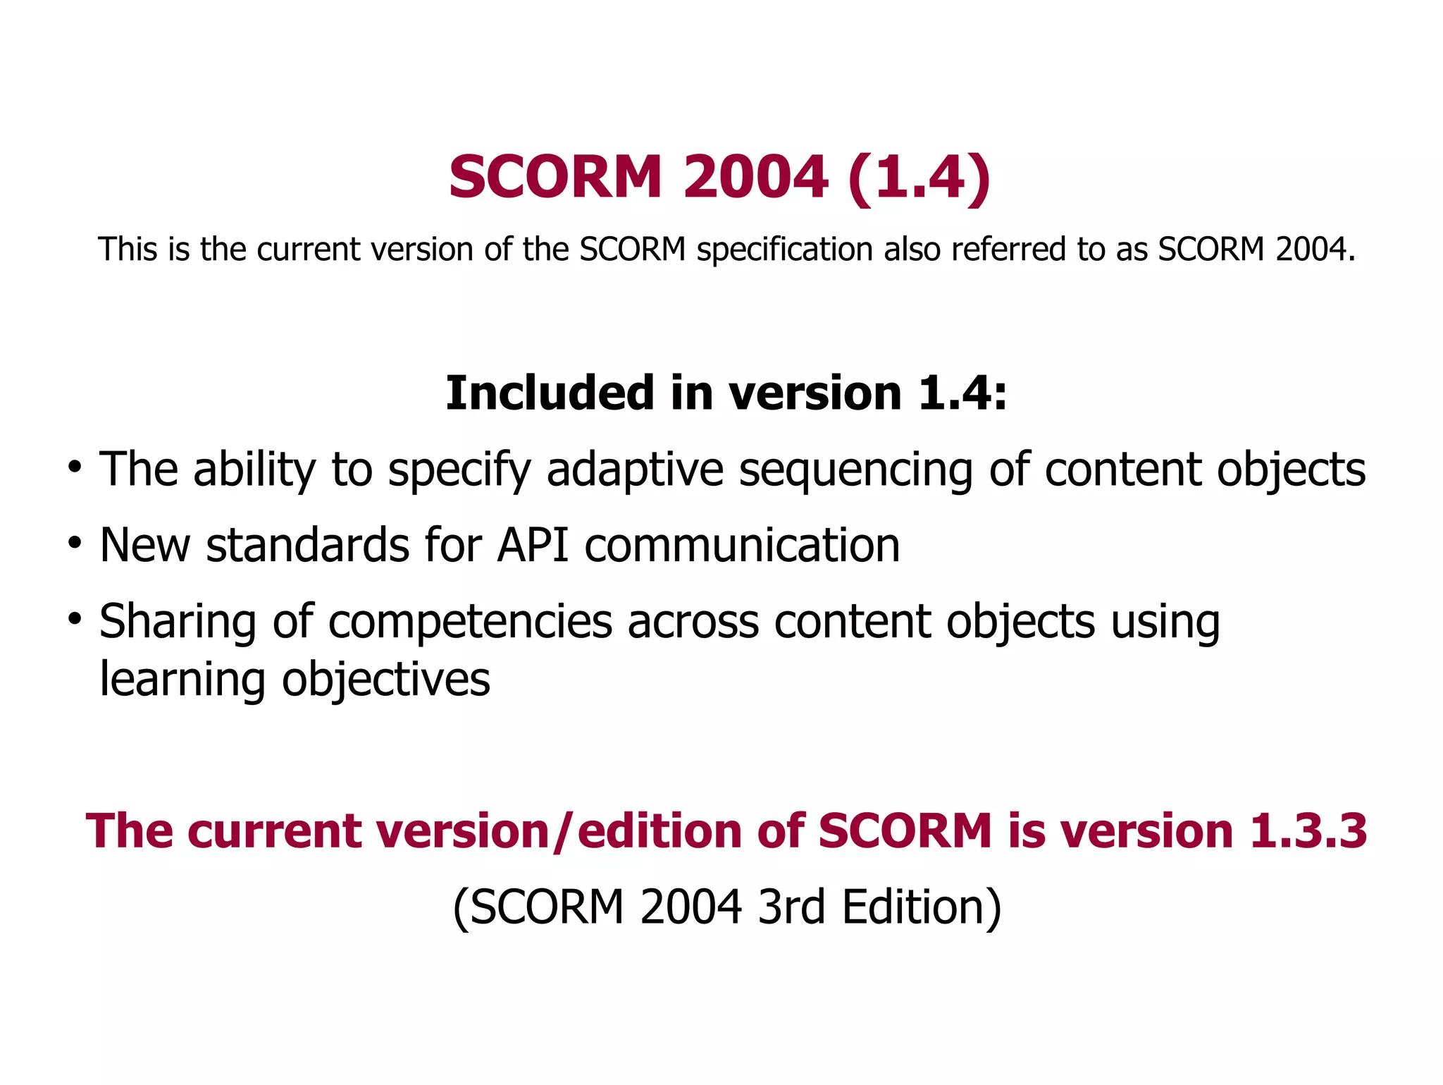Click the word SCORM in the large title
point(555,177)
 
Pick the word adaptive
point(635,470)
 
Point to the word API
point(533,545)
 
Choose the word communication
point(742,545)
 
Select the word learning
point(182,681)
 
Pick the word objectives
point(386,681)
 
